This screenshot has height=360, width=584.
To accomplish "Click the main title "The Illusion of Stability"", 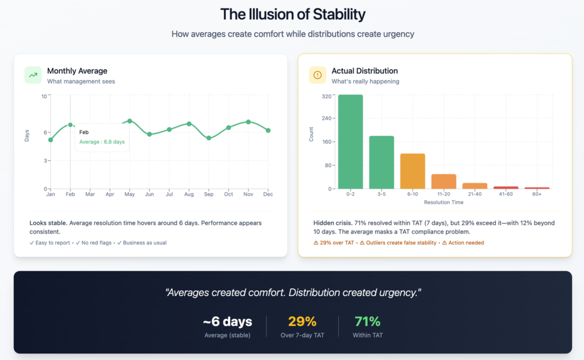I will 292,14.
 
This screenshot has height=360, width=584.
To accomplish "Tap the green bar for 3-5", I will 382,162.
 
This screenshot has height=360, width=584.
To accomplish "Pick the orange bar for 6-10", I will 412,171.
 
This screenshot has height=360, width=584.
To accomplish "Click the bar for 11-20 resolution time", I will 444,181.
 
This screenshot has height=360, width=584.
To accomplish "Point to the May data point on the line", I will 129,121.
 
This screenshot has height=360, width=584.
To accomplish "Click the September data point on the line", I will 209,138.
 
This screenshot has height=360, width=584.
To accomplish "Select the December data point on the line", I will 268,131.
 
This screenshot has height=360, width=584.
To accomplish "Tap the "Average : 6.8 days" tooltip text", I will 102,142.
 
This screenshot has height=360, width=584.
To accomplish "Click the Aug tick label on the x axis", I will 189,195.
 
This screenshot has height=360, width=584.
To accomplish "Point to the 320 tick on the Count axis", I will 327,96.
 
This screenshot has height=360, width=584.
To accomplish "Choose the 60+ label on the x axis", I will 537,195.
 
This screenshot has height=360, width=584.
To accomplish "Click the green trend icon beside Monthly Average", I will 33,75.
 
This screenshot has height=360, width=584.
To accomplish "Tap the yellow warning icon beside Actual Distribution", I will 318,75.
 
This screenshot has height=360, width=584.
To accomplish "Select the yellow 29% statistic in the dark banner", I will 302,321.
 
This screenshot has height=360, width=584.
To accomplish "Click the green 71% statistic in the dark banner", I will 367,321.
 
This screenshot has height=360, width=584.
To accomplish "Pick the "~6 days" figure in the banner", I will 227,321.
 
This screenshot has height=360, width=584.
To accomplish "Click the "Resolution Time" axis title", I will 444,203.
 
